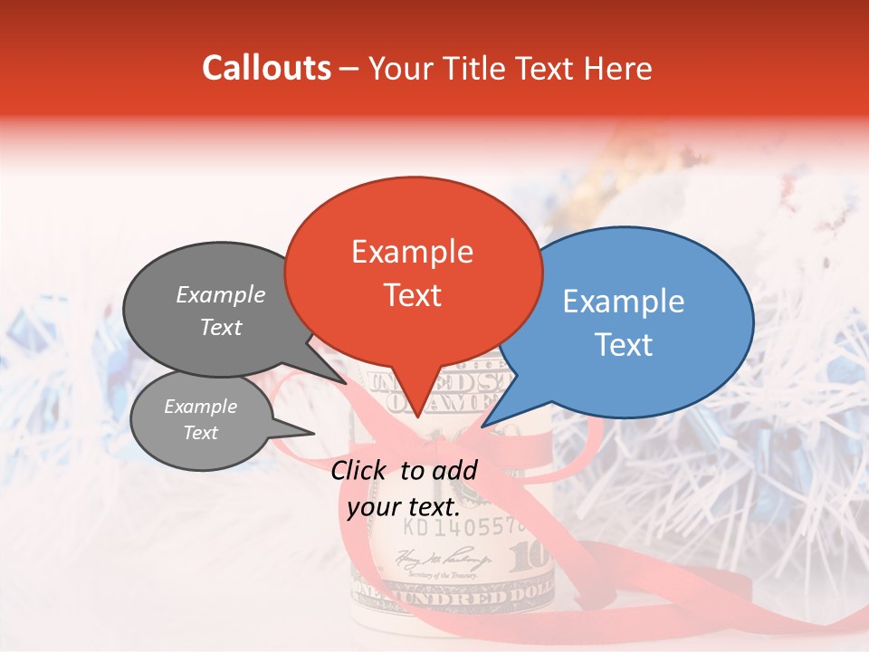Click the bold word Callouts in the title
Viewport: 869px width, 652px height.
tap(266, 68)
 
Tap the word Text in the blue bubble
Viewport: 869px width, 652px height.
tap(624, 345)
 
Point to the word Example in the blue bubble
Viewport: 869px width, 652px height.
tap(624, 302)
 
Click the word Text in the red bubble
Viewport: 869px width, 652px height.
tap(412, 295)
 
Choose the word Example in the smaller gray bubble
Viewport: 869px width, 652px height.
tap(200, 407)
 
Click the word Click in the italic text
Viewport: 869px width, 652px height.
tap(359, 470)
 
